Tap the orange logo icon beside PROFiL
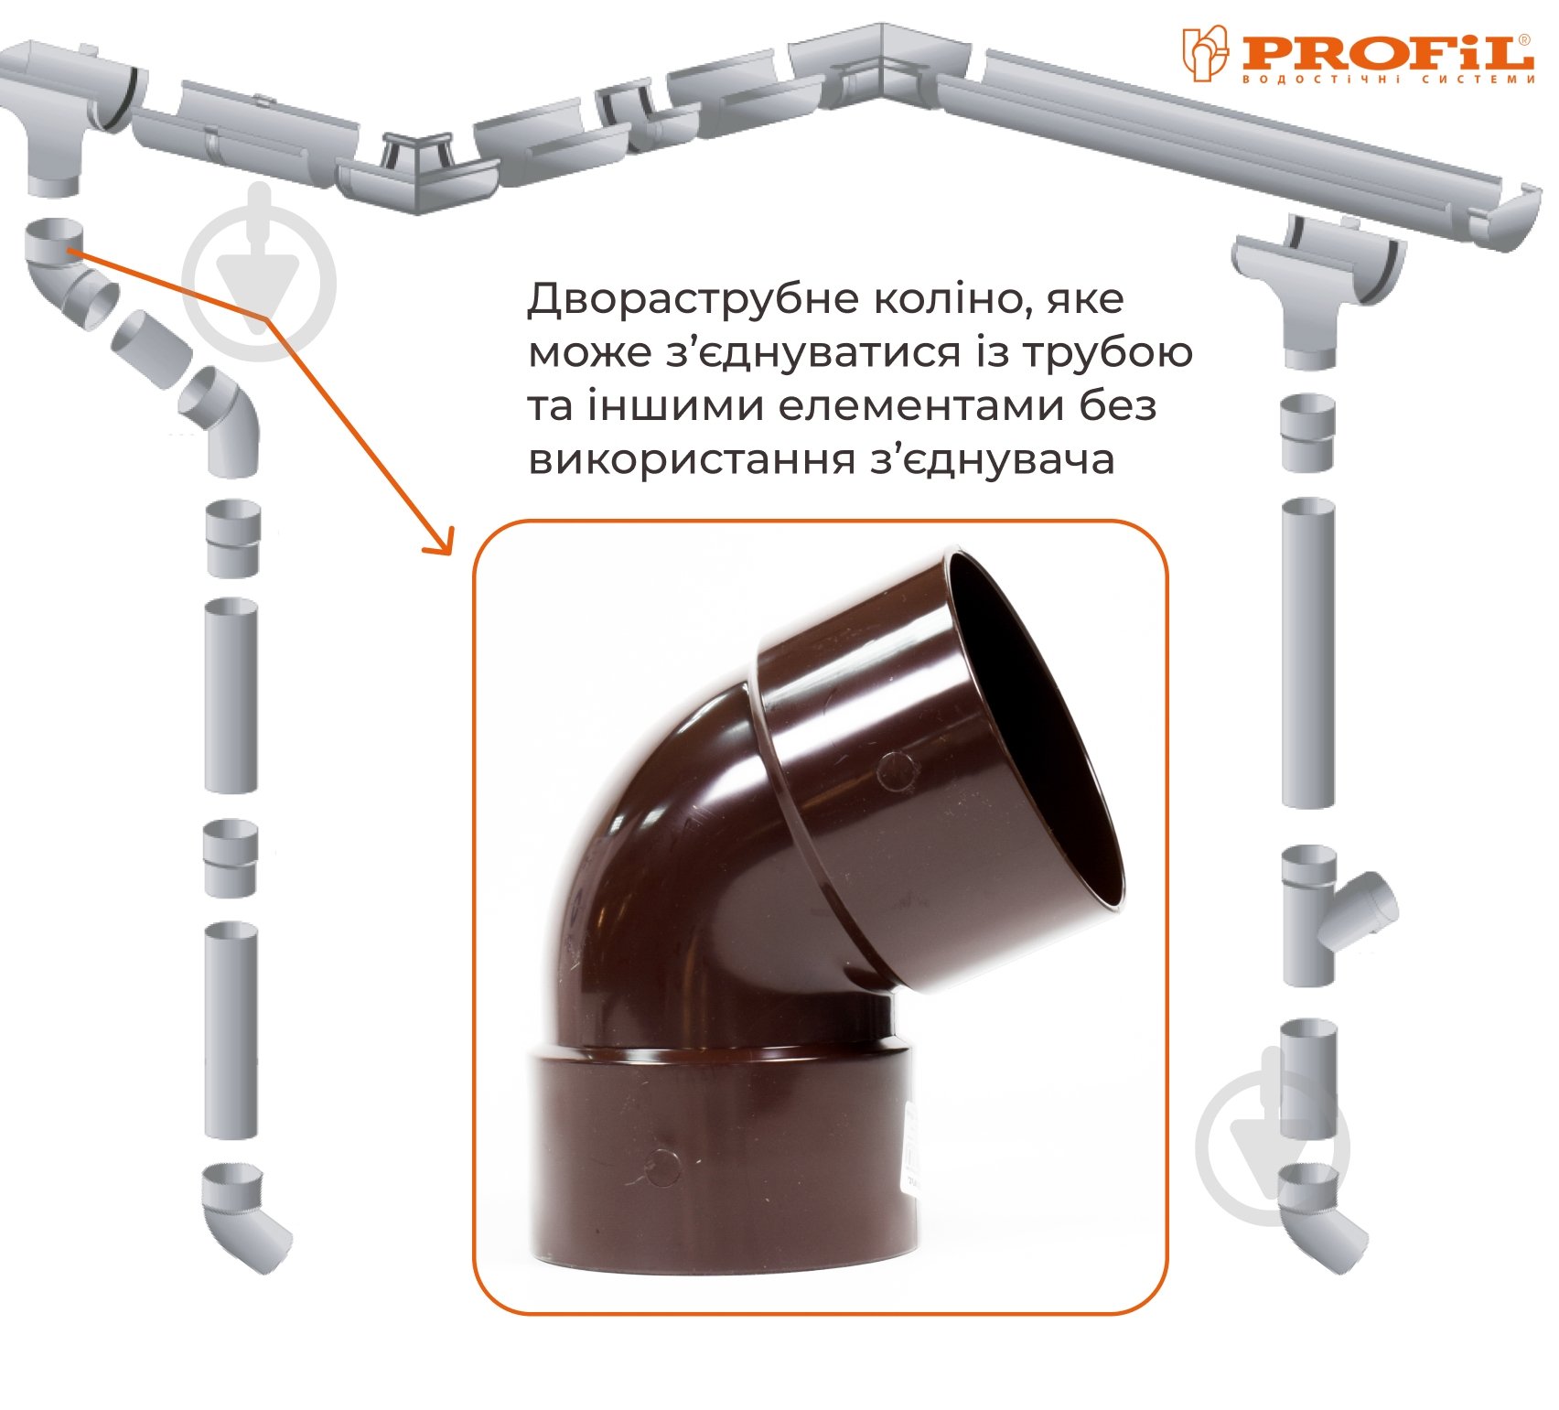coord(1206,52)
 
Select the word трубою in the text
coord(1105,352)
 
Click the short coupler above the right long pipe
coord(1307,433)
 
